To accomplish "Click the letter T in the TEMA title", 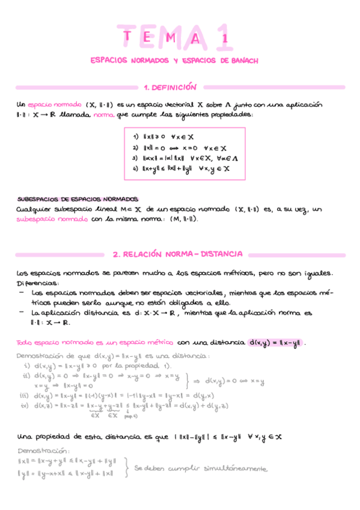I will [x=129, y=38].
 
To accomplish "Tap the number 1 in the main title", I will [x=225, y=38].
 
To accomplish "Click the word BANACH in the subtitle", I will [x=243, y=61].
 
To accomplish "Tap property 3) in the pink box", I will [x=180, y=158].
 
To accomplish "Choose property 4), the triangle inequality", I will [x=180, y=169].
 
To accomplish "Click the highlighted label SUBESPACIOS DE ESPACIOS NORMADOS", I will [x=78, y=198].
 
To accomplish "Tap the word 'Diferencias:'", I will [x=38, y=283].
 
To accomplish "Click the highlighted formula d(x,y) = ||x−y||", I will [x=274, y=343].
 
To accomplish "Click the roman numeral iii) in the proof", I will [x=25, y=395].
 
